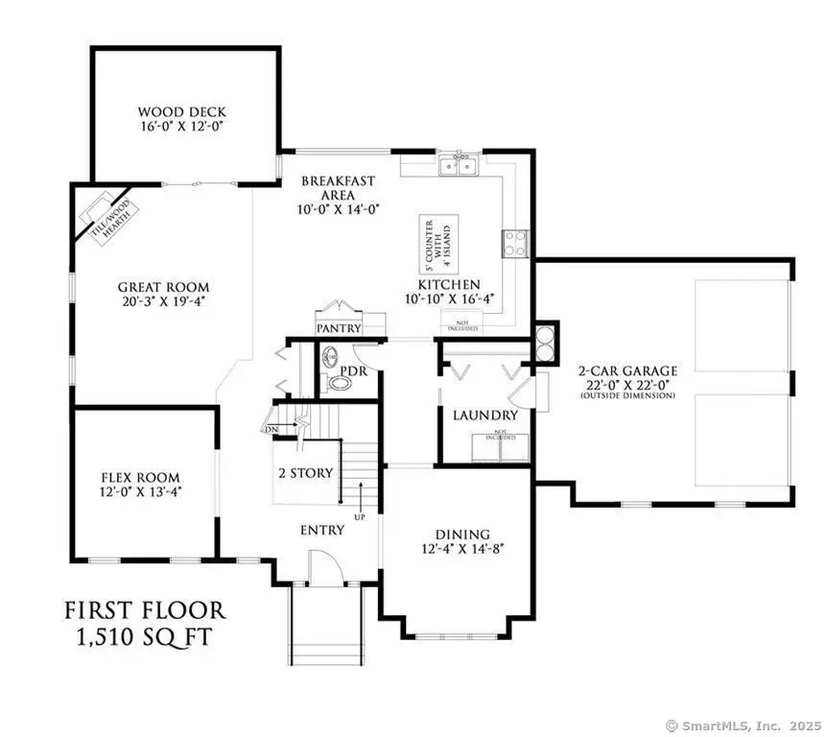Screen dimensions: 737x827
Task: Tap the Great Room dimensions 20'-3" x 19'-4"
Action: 163,301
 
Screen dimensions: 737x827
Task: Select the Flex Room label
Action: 141,477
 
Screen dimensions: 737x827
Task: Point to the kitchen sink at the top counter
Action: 460,166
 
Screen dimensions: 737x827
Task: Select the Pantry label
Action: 338,328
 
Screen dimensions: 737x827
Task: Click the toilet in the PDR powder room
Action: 340,383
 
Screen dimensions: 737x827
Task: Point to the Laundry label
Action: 485,416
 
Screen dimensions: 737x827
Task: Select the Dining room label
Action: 462,534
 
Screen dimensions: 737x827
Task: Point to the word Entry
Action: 322,530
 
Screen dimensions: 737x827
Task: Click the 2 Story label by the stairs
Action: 305,473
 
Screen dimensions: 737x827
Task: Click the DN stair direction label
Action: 272,428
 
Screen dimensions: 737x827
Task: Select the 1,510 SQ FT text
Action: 145,637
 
